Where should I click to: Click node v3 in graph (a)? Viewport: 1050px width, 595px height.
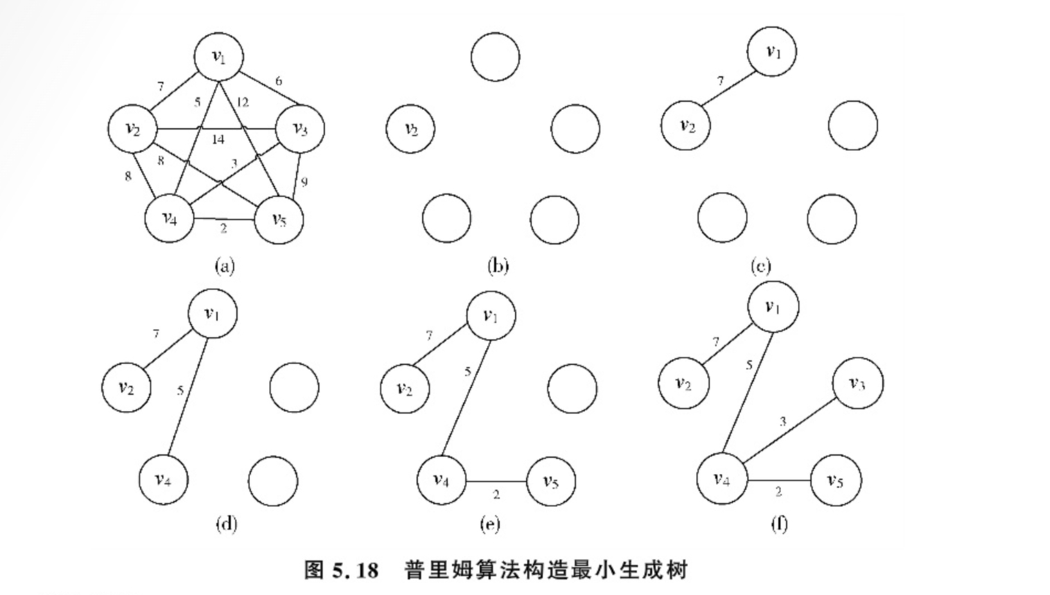pos(299,129)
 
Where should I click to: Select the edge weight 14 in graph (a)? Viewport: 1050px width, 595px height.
pos(218,139)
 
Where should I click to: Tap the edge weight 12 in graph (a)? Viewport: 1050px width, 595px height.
pos(242,103)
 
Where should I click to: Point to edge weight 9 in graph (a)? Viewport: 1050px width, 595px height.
pos(304,182)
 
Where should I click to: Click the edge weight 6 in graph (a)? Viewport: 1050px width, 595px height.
pos(279,81)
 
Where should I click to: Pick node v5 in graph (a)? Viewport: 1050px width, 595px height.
pos(279,220)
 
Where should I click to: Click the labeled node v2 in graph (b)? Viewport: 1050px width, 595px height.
pos(410,129)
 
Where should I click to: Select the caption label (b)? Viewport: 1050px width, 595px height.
pos(498,265)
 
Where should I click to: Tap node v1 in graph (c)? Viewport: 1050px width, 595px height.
pos(772,51)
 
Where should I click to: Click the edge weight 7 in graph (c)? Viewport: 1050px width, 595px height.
pos(720,81)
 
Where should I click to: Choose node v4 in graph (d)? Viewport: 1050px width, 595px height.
pos(163,479)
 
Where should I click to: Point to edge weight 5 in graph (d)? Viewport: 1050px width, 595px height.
pos(180,391)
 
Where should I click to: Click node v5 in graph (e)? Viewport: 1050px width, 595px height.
pos(551,481)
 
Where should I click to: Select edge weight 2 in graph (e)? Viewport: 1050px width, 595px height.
pos(496,495)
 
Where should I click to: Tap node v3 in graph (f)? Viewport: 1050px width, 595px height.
pos(857,383)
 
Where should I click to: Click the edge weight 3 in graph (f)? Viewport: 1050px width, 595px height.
pos(782,421)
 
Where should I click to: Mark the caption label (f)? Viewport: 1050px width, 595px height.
pos(778,524)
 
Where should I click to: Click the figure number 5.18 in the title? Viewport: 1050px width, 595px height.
pos(356,570)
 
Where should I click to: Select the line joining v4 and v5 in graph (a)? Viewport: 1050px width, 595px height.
pos(224,220)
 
